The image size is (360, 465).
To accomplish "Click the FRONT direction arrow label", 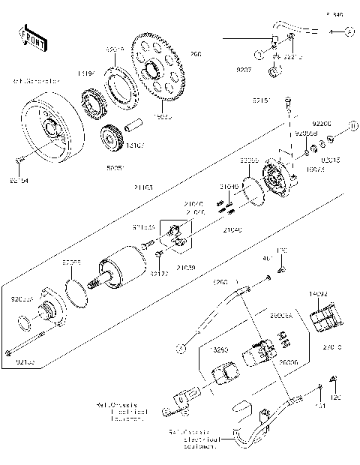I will pyautogui.click(x=29, y=35).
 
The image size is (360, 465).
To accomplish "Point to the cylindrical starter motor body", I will pyautogui.click(x=124, y=268).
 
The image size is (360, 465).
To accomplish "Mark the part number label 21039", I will pyautogui.click(x=186, y=266).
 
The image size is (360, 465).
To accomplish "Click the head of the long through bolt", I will pyautogui.click(x=9, y=352).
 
